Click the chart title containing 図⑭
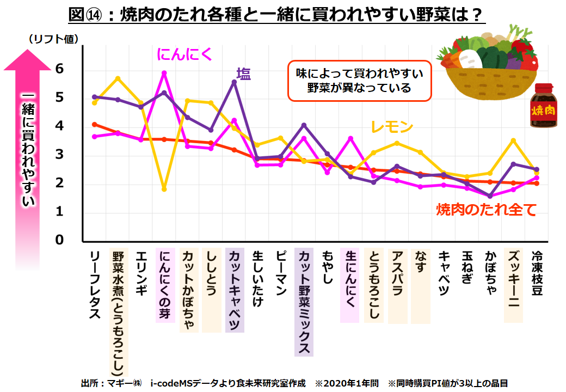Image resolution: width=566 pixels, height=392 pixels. [276, 14]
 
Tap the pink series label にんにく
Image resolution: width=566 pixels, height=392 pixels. [184, 54]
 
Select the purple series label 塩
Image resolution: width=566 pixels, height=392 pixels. [243, 73]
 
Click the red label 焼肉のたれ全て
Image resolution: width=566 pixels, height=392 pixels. [487, 209]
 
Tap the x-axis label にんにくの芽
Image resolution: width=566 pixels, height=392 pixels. [165, 285]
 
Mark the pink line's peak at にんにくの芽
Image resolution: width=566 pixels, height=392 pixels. [164, 73]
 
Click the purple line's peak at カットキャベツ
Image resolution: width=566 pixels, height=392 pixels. [234, 82]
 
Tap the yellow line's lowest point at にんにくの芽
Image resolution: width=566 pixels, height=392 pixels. [164, 189]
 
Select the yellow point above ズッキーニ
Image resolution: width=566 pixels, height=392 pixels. [513, 140]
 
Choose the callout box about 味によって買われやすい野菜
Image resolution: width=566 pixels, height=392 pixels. [359, 80]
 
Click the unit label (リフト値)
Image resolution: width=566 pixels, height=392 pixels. [53, 39]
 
